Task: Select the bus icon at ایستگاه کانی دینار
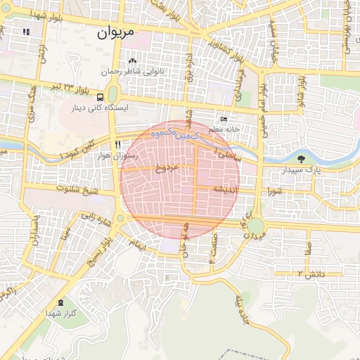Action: tap(102, 97)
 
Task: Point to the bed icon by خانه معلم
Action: tap(224, 119)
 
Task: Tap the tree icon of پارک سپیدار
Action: tap(301, 159)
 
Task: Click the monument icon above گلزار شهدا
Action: tap(60, 302)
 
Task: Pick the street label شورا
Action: tap(274, 191)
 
